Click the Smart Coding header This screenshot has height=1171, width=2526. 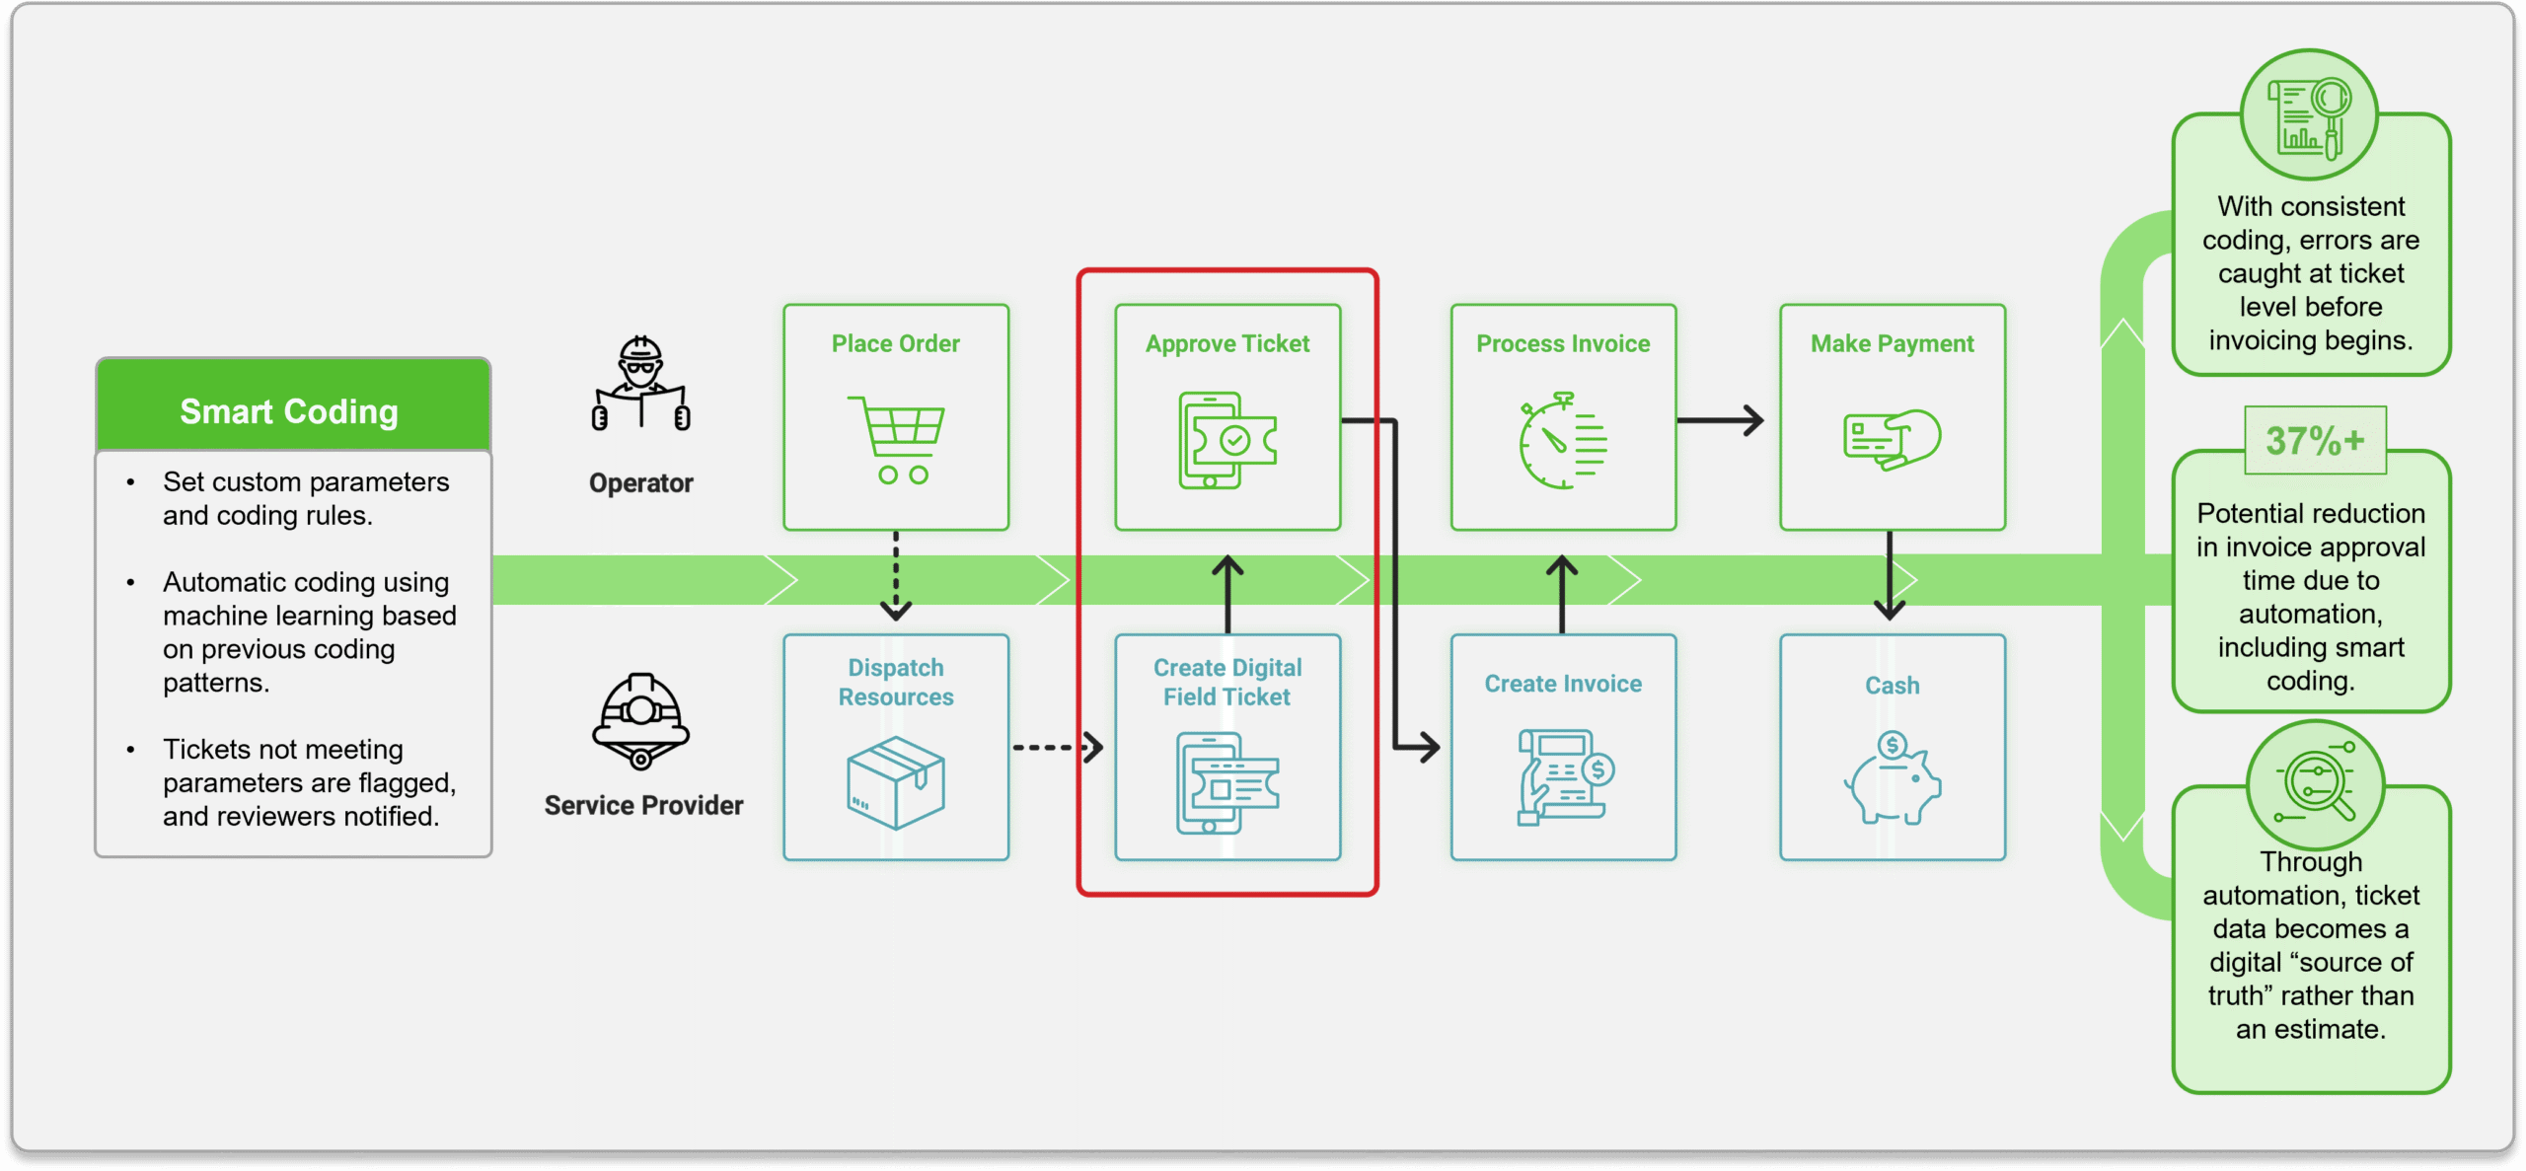pyautogui.click(x=289, y=410)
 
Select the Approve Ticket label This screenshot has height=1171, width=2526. pyautogui.click(x=1227, y=343)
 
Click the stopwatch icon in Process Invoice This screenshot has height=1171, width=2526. pyautogui.click(x=1562, y=440)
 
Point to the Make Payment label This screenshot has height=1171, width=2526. pyautogui.click(x=1892, y=343)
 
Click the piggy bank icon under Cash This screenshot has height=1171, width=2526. pyautogui.click(x=1892, y=778)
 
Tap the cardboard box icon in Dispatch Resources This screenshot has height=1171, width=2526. pyautogui.click(x=896, y=782)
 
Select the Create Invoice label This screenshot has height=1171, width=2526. pyautogui.click(x=1563, y=684)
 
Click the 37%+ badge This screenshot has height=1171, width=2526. pyautogui.click(x=2315, y=440)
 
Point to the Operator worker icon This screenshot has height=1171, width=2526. pyautogui.click(x=641, y=385)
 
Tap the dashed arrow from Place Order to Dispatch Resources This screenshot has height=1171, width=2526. pyautogui.click(x=896, y=577)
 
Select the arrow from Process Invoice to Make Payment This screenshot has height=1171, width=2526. pyautogui.click(x=1720, y=420)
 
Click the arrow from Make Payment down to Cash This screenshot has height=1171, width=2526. pyautogui.click(x=1890, y=577)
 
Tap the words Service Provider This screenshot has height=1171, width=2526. pyautogui.click(x=643, y=805)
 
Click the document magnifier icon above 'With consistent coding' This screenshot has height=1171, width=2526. pyautogui.click(x=2309, y=116)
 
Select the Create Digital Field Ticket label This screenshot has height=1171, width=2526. pyautogui.click(x=1227, y=682)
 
